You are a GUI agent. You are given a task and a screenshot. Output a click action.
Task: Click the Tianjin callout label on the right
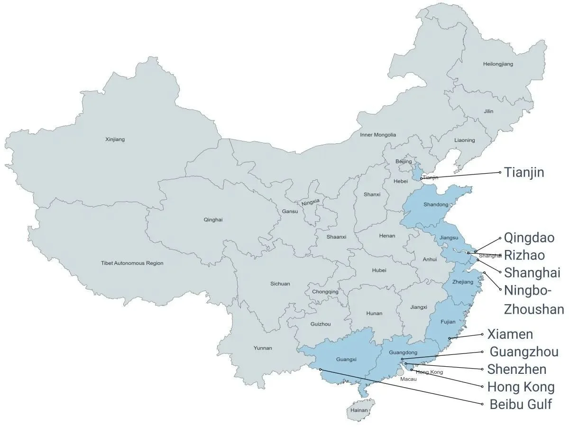pyautogui.click(x=523, y=172)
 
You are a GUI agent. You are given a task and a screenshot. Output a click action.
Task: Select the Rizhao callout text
pyautogui.click(x=524, y=255)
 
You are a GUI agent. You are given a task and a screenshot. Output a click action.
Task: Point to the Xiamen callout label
pyautogui.click(x=510, y=334)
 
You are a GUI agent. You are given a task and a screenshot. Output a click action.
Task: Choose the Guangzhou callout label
pyautogui.click(x=523, y=352)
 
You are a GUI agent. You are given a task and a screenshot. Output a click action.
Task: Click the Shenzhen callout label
pyautogui.click(x=517, y=369)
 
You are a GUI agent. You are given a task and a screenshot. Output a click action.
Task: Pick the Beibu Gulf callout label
pyautogui.click(x=521, y=405)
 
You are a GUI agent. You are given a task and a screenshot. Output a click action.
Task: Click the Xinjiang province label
pyautogui.click(x=114, y=139)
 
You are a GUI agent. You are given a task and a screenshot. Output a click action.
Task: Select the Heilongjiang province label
pyautogui.click(x=498, y=64)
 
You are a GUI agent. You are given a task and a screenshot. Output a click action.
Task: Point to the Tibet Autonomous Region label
pyautogui.click(x=132, y=263)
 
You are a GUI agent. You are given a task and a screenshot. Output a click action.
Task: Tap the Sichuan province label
pyautogui.click(x=280, y=284)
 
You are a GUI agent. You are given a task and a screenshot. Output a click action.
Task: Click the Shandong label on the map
pyautogui.click(x=436, y=204)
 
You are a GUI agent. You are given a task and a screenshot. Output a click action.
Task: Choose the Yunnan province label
pyautogui.click(x=263, y=348)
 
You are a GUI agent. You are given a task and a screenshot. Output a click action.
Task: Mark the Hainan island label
pyautogui.click(x=359, y=410)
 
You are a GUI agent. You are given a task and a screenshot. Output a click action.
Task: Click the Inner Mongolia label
pyautogui.click(x=378, y=135)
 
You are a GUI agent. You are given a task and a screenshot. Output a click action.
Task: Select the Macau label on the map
pyautogui.click(x=408, y=379)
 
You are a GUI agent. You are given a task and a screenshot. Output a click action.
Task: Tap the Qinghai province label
pyautogui.click(x=213, y=220)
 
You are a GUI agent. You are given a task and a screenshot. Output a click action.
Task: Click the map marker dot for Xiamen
pyautogui.click(x=450, y=338)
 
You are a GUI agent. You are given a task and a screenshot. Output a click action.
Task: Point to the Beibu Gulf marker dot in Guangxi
pyautogui.click(x=321, y=369)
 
